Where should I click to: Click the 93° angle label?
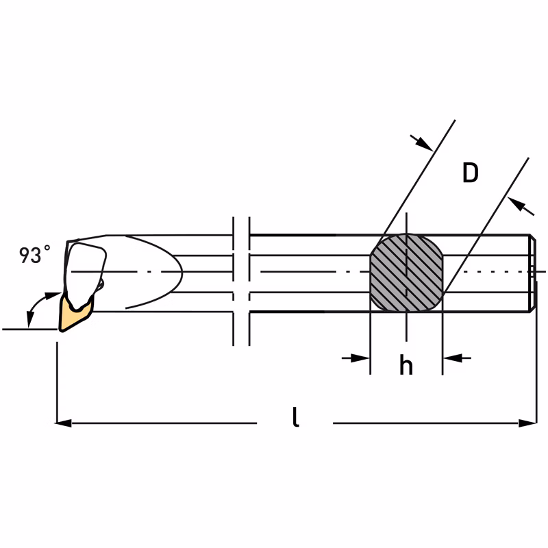34,256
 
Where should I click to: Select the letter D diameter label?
470,173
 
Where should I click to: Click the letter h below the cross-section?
406,366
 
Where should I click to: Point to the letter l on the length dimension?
295,417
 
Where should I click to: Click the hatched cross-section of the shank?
406,273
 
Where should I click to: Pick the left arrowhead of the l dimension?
64,423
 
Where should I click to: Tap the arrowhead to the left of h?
361,358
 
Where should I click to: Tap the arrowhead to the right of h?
451,358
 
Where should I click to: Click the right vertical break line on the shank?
249,281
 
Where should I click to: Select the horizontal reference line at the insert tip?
27,329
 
